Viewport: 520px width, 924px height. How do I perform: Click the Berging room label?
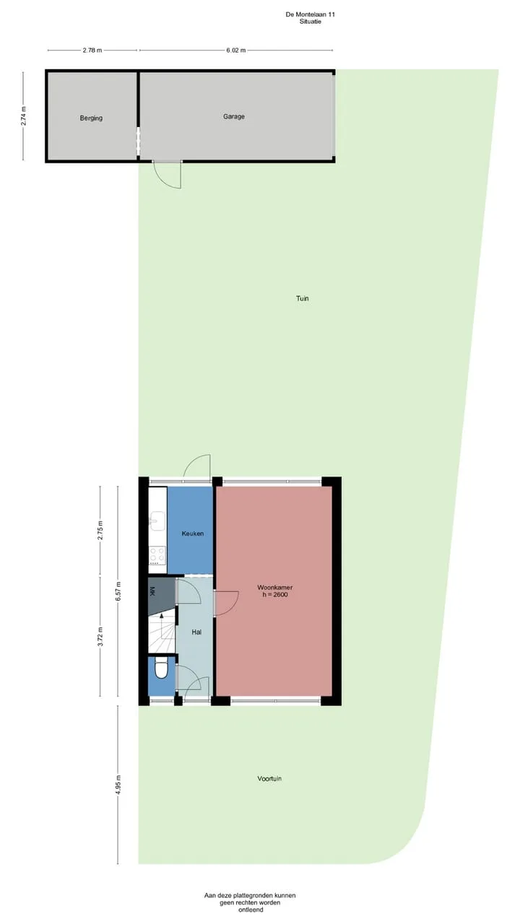click(x=91, y=118)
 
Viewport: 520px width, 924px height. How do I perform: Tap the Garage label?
click(x=234, y=117)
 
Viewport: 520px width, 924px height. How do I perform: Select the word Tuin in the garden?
click(x=303, y=298)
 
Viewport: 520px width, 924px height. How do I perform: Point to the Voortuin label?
click(x=269, y=778)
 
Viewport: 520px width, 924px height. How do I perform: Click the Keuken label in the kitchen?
click(x=193, y=533)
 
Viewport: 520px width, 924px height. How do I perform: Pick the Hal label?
click(x=196, y=632)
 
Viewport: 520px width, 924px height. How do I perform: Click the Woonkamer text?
click(x=275, y=587)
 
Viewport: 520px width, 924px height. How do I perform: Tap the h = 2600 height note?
click(x=275, y=594)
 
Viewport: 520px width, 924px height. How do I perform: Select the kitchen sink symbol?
click(x=157, y=521)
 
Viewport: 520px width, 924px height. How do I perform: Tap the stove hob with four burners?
click(x=157, y=555)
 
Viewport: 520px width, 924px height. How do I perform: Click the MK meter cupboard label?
click(x=152, y=591)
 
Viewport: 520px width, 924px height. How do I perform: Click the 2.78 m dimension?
click(x=92, y=51)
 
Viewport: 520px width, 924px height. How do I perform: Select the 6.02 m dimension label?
click(x=235, y=51)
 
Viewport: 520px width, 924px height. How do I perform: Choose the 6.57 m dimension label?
click(x=118, y=591)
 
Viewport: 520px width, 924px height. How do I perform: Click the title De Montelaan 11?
click(x=311, y=14)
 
